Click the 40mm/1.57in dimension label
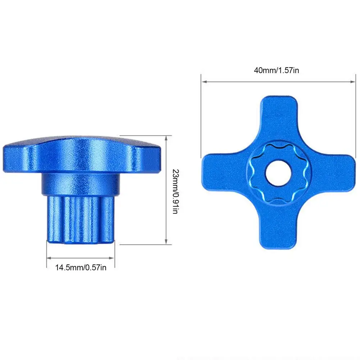tap(276, 70)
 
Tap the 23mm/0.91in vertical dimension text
tap(175, 191)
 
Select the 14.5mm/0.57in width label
tap(81, 267)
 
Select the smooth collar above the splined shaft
tap(79, 184)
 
